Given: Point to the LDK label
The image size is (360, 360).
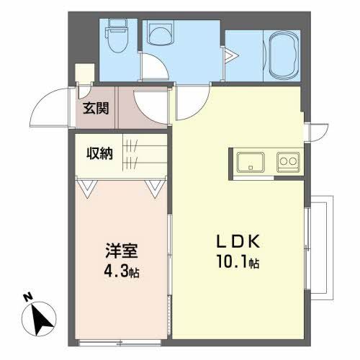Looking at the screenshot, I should click(234, 241).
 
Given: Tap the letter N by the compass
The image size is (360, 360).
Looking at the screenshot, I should click(27, 295).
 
